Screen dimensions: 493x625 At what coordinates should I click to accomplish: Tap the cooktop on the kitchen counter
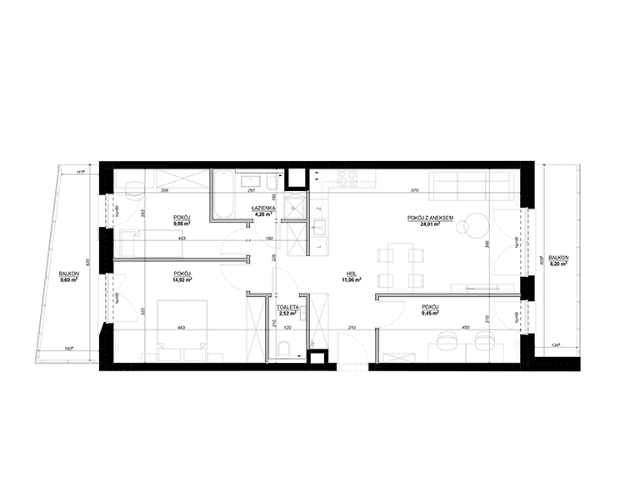(347, 177)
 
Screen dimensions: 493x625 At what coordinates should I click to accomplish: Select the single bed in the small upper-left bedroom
(151, 244)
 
